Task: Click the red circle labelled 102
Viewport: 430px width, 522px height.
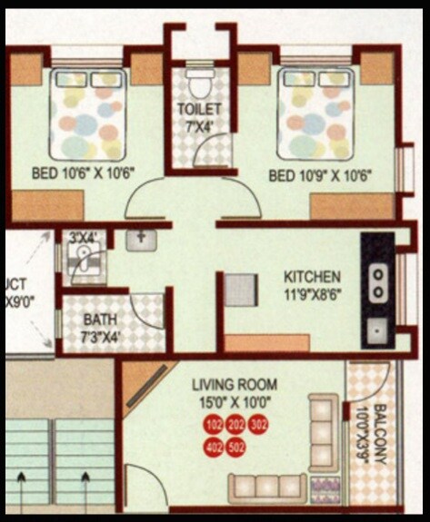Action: pos(215,426)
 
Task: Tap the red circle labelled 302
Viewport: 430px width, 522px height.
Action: pos(259,426)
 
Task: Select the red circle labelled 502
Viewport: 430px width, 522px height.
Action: pos(237,448)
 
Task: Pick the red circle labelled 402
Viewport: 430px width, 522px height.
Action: pos(215,448)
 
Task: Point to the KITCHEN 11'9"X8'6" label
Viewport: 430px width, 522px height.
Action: pos(312,283)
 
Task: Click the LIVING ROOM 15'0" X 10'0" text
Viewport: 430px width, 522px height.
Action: pos(240,392)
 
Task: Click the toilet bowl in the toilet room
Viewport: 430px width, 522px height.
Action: pos(198,80)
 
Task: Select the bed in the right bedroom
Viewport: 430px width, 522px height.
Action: pos(314,113)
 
